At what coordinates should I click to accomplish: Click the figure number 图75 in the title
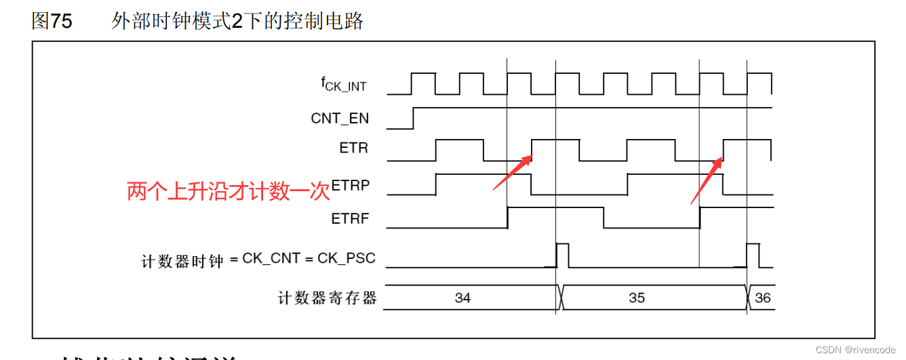(x=52, y=21)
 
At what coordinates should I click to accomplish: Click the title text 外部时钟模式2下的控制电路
(x=237, y=21)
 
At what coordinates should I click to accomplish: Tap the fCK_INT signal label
(x=343, y=84)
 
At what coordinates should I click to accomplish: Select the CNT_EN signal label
(x=340, y=118)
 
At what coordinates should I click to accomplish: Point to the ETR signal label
(x=353, y=148)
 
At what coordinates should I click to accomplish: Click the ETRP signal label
(x=351, y=185)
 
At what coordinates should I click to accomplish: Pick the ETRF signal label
(x=350, y=219)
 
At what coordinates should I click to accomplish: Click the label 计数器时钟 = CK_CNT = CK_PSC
(x=258, y=260)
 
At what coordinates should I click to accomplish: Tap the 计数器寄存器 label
(x=327, y=298)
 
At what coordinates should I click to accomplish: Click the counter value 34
(x=462, y=298)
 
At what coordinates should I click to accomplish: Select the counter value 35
(x=637, y=298)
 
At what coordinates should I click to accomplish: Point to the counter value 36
(x=762, y=298)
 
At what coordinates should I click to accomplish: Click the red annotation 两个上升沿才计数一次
(x=228, y=192)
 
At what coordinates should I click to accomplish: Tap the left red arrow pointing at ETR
(x=512, y=172)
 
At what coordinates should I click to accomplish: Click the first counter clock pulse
(x=562, y=255)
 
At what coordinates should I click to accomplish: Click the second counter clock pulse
(x=753, y=255)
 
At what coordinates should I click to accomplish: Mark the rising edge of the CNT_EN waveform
(x=414, y=117)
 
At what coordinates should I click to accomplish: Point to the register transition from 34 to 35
(x=559, y=298)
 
